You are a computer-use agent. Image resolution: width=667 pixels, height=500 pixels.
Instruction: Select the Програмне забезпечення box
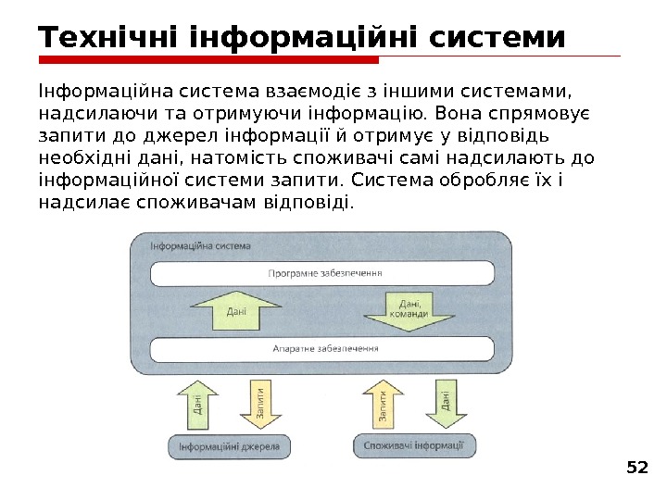point(325,274)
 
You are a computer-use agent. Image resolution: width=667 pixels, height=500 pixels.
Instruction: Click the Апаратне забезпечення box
point(325,349)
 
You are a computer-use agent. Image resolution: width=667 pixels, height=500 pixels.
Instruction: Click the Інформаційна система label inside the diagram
point(200,246)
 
